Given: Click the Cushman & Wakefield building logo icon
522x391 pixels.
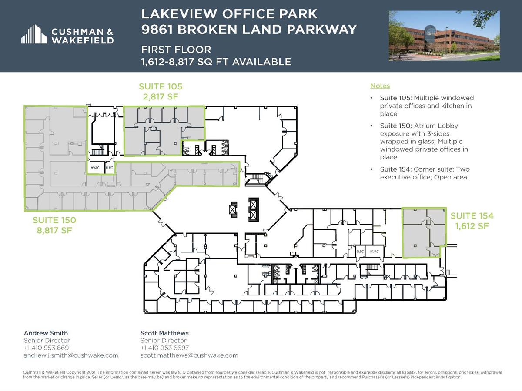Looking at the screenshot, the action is coord(34,34).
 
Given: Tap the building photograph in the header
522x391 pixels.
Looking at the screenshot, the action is coord(444,36).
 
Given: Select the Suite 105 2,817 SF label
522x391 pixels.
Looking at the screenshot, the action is coord(161,92).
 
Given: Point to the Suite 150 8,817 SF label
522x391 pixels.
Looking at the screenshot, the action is coord(54,225).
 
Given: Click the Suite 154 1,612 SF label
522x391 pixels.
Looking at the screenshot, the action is coord(472,221).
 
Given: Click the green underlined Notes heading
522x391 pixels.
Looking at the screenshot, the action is coord(380,86).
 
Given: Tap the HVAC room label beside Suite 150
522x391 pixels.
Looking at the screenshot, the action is coord(95,168).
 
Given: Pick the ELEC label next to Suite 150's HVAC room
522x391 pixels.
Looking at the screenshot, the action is coord(109,168).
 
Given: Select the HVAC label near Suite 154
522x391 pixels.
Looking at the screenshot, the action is coord(375,252).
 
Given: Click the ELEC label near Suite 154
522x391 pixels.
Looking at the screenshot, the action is coord(360,252).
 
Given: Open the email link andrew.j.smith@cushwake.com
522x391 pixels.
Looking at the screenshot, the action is coord(71,355).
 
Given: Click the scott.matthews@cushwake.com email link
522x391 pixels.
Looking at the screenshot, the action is coord(189,355).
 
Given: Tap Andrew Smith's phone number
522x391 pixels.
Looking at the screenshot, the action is coord(47,348).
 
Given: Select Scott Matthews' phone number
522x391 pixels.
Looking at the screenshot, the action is coord(164,348).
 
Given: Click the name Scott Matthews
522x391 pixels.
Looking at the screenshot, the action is coord(164,333).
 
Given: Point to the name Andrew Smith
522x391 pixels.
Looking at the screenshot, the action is coord(46,333).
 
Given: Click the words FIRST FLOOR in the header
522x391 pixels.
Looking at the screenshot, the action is coord(176,50).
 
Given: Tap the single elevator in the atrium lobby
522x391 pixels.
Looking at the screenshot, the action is coord(233,209).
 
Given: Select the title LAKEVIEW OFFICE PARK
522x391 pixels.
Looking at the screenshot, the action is coord(229,14).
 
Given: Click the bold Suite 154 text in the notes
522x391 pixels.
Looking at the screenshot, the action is coord(395,169).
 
